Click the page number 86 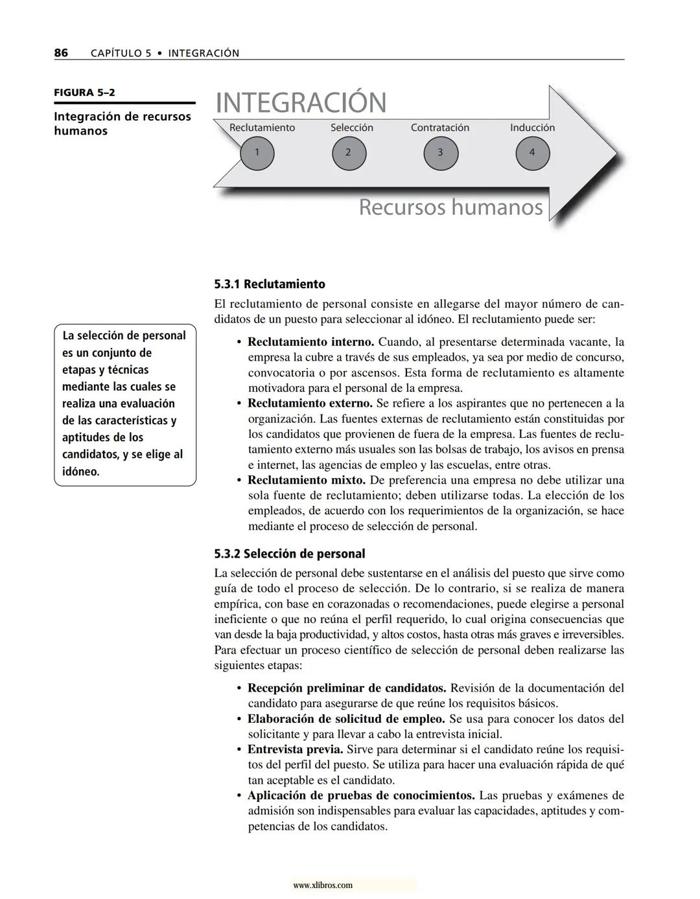click(x=61, y=53)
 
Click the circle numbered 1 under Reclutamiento click(x=257, y=154)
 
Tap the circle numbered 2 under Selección click(x=349, y=154)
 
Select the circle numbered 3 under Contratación click(x=441, y=154)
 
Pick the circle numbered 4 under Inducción click(x=532, y=154)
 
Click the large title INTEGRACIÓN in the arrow click(x=300, y=103)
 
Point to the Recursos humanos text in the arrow click(x=450, y=207)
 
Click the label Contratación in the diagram click(x=439, y=128)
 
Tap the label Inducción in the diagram click(x=532, y=128)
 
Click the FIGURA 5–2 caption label click(x=84, y=93)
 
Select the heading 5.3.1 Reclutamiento click(x=270, y=284)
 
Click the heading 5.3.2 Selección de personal click(x=290, y=554)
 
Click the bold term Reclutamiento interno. click(x=310, y=342)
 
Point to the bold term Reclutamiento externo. click(x=310, y=403)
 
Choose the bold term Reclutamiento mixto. click(x=307, y=480)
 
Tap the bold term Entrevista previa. click(x=295, y=749)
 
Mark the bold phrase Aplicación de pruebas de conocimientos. click(x=361, y=795)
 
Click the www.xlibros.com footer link click(x=323, y=885)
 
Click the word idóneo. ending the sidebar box click(x=81, y=472)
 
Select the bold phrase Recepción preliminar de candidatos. click(x=347, y=688)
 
